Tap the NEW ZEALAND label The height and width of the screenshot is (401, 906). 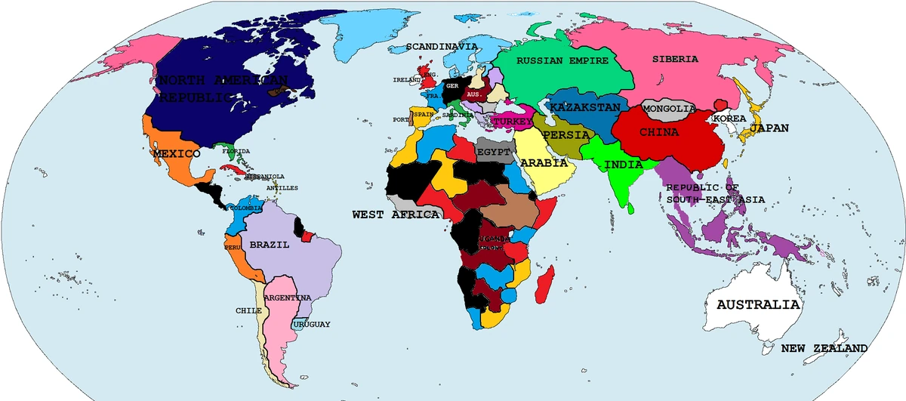[x=824, y=349]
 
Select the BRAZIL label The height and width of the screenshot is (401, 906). [x=270, y=245]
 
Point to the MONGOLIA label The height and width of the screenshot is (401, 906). [x=668, y=109]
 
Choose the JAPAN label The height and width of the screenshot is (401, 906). [x=769, y=128]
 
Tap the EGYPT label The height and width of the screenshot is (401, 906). [x=495, y=152]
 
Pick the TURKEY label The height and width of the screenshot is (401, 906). [x=513, y=121]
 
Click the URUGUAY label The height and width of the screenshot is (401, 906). [x=313, y=324]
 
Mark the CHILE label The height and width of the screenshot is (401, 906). [x=248, y=310]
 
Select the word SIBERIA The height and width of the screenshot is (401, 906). [x=676, y=59]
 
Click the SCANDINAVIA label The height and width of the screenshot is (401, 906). [x=442, y=46]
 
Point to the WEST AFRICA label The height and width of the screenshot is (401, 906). [x=396, y=214]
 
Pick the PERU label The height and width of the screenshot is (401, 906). [x=232, y=247]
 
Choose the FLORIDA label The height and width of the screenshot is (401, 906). [x=236, y=151]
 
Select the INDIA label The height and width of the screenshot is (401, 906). [x=624, y=164]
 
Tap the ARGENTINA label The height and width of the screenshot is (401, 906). [x=288, y=298]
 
